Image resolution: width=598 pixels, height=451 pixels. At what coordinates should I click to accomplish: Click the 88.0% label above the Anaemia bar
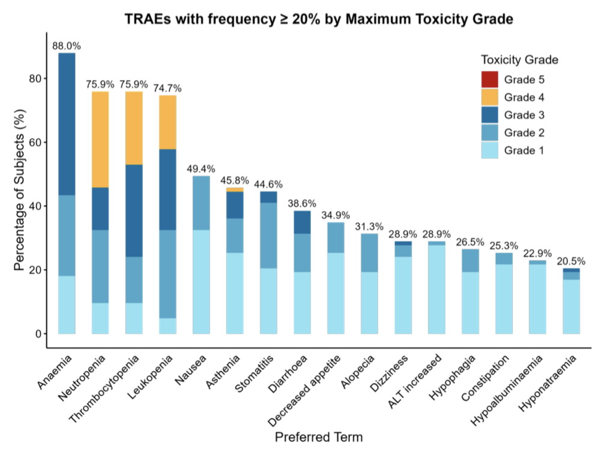coord(67,46)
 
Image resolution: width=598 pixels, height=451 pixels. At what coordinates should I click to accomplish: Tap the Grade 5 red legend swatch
coord(490,78)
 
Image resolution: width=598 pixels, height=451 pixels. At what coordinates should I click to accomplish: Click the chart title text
coord(319,19)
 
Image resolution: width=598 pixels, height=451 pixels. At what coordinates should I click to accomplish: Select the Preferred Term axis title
coord(318,437)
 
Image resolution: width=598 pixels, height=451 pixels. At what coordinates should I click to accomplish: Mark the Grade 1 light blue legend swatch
coord(490,150)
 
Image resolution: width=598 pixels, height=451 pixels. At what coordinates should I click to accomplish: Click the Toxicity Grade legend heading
coord(520,60)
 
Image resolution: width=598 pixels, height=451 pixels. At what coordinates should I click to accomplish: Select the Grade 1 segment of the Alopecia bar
coord(369,302)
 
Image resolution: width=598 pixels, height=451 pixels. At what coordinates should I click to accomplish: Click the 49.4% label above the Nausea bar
coord(201,169)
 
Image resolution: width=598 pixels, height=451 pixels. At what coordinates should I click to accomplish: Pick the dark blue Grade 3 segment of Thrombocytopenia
coord(134,210)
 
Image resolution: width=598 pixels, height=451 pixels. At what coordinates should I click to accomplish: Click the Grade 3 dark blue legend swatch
coord(490,114)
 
